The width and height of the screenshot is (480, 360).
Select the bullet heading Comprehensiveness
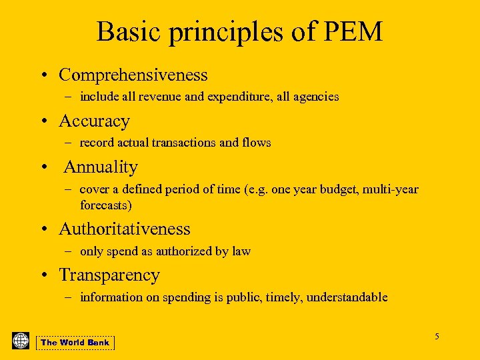coord(133,75)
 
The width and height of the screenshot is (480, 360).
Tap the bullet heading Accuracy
coord(94,121)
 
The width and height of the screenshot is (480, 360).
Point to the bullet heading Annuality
coord(101,167)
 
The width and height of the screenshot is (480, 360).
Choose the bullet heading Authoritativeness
coord(125,229)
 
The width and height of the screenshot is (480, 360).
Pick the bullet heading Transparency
coord(109,275)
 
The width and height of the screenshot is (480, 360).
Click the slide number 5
coord(437,336)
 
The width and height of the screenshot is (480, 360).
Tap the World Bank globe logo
coord(21,341)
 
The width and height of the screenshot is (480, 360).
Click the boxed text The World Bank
coord(75,343)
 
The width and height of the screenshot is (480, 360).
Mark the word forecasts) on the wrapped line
coord(106,205)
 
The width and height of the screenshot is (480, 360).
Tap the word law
coord(241,251)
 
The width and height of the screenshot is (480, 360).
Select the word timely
coord(283,297)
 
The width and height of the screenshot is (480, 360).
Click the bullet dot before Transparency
coord(43,275)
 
